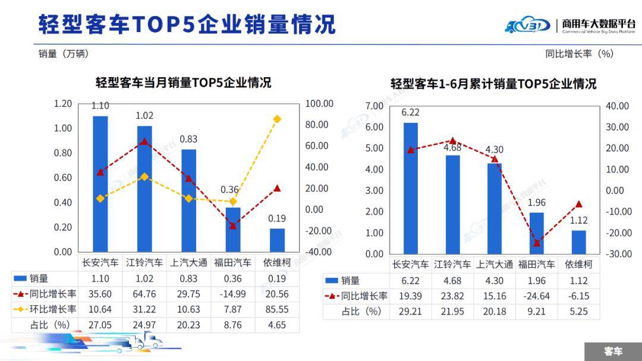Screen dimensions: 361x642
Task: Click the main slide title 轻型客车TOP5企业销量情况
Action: (x=187, y=24)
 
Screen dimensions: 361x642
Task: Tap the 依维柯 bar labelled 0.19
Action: (x=277, y=240)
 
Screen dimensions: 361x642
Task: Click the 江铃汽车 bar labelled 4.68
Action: (x=453, y=204)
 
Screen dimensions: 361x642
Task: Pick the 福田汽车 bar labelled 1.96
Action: (x=536, y=233)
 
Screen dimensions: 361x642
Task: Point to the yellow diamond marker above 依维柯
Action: (x=277, y=119)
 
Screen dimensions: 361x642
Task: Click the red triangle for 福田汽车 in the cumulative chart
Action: (x=536, y=243)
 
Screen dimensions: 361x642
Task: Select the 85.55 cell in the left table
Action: (x=277, y=309)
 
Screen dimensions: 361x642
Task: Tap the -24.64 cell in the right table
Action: (x=536, y=296)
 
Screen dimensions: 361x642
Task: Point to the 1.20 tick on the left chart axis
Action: (x=62, y=104)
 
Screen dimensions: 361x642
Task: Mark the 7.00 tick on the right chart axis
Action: (x=374, y=106)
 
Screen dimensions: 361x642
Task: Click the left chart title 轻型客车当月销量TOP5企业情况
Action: (x=184, y=82)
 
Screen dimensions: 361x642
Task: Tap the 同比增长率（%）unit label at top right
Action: (x=579, y=53)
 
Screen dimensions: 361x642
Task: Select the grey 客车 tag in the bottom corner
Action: (x=613, y=351)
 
